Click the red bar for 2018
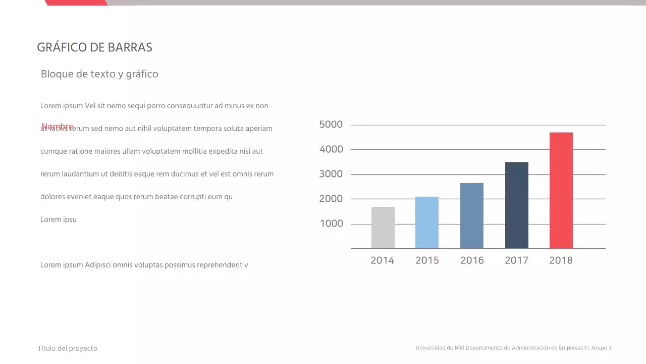point(561,190)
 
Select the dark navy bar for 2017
point(516,205)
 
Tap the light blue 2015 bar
point(427,222)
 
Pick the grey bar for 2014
point(383,227)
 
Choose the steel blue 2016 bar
point(471,215)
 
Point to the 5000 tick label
point(331,124)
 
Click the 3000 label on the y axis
point(331,174)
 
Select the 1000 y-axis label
point(331,223)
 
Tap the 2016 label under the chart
point(472,260)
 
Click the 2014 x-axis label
point(382,260)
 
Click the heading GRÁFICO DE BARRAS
point(94,48)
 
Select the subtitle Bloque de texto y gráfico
point(99,74)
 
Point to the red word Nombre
point(57,126)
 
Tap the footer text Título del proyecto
point(68,348)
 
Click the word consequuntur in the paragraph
point(190,106)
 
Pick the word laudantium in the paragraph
point(80,174)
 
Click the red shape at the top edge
point(76,3)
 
